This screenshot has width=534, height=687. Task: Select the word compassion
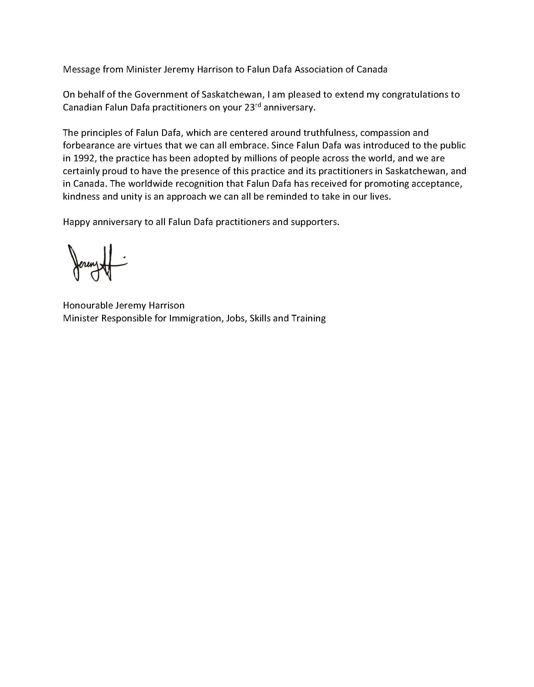(385, 133)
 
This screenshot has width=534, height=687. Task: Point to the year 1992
(83, 158)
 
